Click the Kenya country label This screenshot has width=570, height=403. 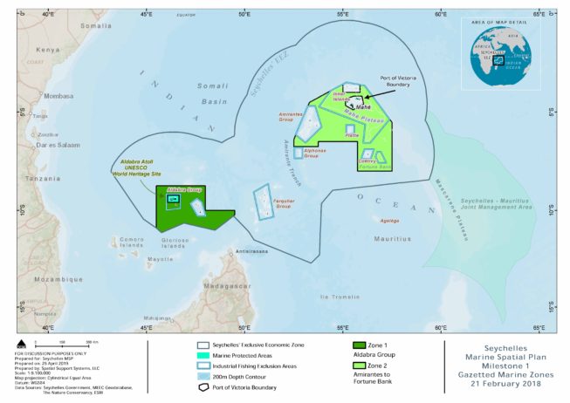48,50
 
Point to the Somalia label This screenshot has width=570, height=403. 96,26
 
